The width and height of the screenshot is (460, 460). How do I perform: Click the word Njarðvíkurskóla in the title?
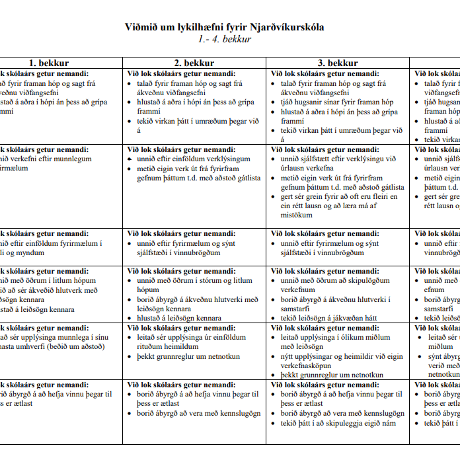click(x=287, y=27)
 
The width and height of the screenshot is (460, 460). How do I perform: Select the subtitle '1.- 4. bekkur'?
click(x=225, y=39)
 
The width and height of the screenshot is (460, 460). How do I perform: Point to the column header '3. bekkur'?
click(x=338, y=63)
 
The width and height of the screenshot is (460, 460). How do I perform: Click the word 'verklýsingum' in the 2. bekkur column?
click(x=227, y=159)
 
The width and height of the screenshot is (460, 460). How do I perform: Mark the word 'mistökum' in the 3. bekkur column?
click(x=297, y=215)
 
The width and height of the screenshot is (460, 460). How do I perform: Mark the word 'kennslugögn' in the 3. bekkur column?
click(x=381, y=413)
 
